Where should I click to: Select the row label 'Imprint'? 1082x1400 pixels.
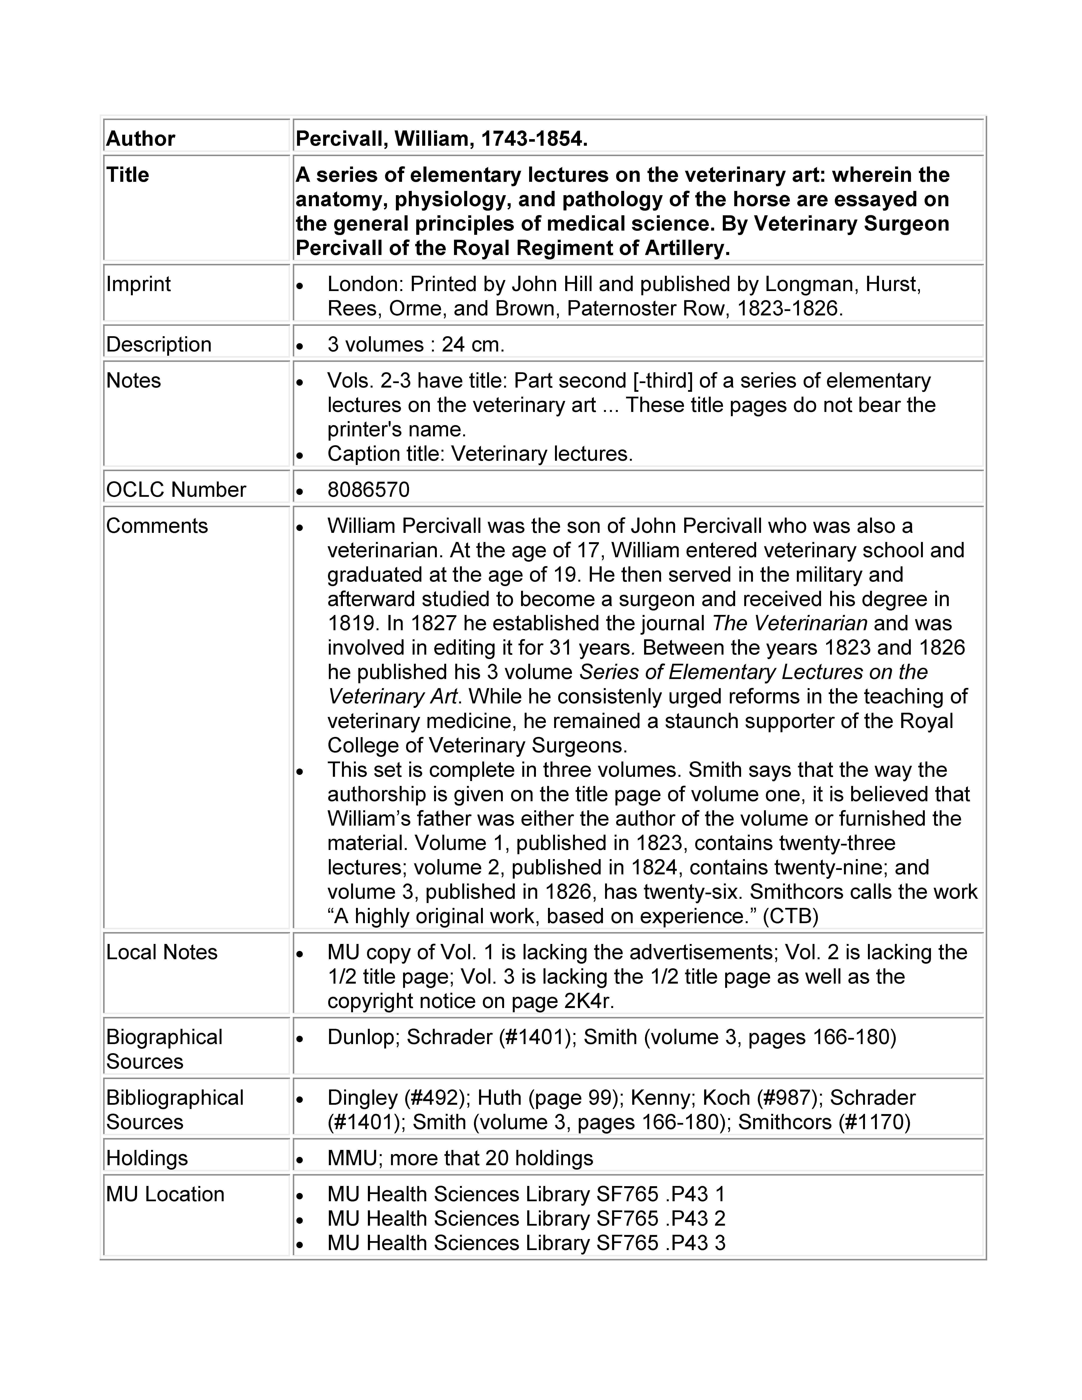[x=139, y=284]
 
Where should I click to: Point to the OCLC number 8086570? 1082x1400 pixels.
[x=368, y=490]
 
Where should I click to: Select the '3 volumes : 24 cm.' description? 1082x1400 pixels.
[x=415, y=345]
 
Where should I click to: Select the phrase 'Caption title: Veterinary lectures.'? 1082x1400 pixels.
[x=479, y=454]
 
